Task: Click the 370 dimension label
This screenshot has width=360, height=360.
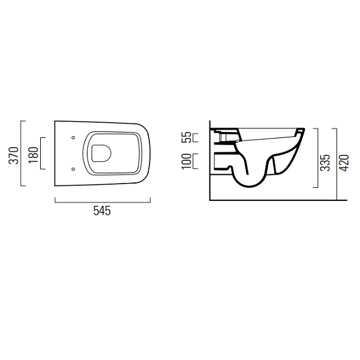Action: tap(14, 155)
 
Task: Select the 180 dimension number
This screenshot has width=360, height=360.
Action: tap(34, 155)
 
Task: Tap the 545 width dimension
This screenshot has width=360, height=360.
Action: tap(102, 211)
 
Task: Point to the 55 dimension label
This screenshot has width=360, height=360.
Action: tap(186, 137)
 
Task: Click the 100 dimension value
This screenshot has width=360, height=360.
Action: tap(186, 161)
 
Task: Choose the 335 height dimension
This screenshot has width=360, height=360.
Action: tap(325, 163)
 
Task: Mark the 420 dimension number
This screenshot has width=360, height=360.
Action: tap(344, 163)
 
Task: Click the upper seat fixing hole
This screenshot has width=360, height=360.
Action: tap(73, 137)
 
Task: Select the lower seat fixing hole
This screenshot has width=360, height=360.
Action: tap(73, 169)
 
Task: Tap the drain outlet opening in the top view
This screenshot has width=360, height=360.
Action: tap(101, 153)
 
